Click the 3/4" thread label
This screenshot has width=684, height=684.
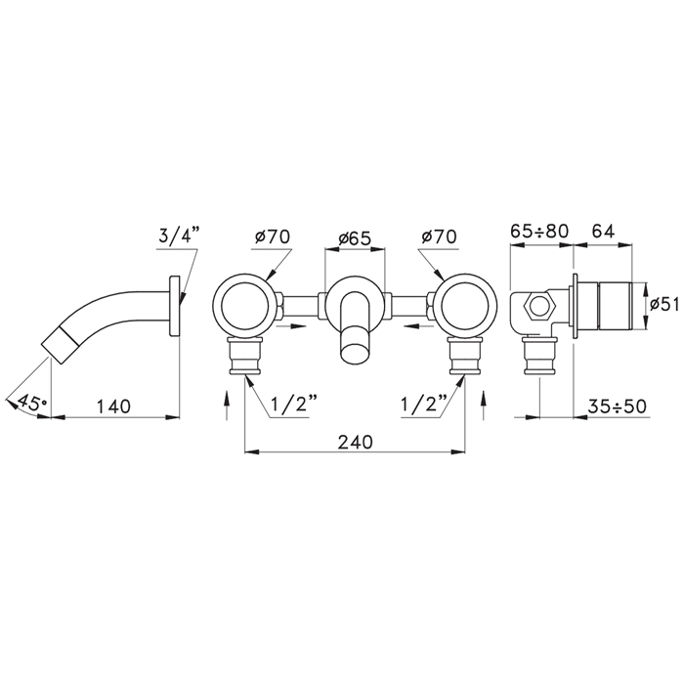[x=179, y=236]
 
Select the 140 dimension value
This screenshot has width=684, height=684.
[x=113, y=406]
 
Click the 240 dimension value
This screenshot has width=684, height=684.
[x=356, y=442]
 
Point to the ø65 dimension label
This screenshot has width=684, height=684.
[x=355, y=238]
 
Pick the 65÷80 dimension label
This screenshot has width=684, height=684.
[x=539, y=231]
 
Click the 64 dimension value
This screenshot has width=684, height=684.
[x=603, y=231]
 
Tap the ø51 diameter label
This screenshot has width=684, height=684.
[x=664, y=304]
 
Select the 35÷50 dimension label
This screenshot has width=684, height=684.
[x=617, y=406]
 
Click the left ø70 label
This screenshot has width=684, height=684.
[x=273, y=236]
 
